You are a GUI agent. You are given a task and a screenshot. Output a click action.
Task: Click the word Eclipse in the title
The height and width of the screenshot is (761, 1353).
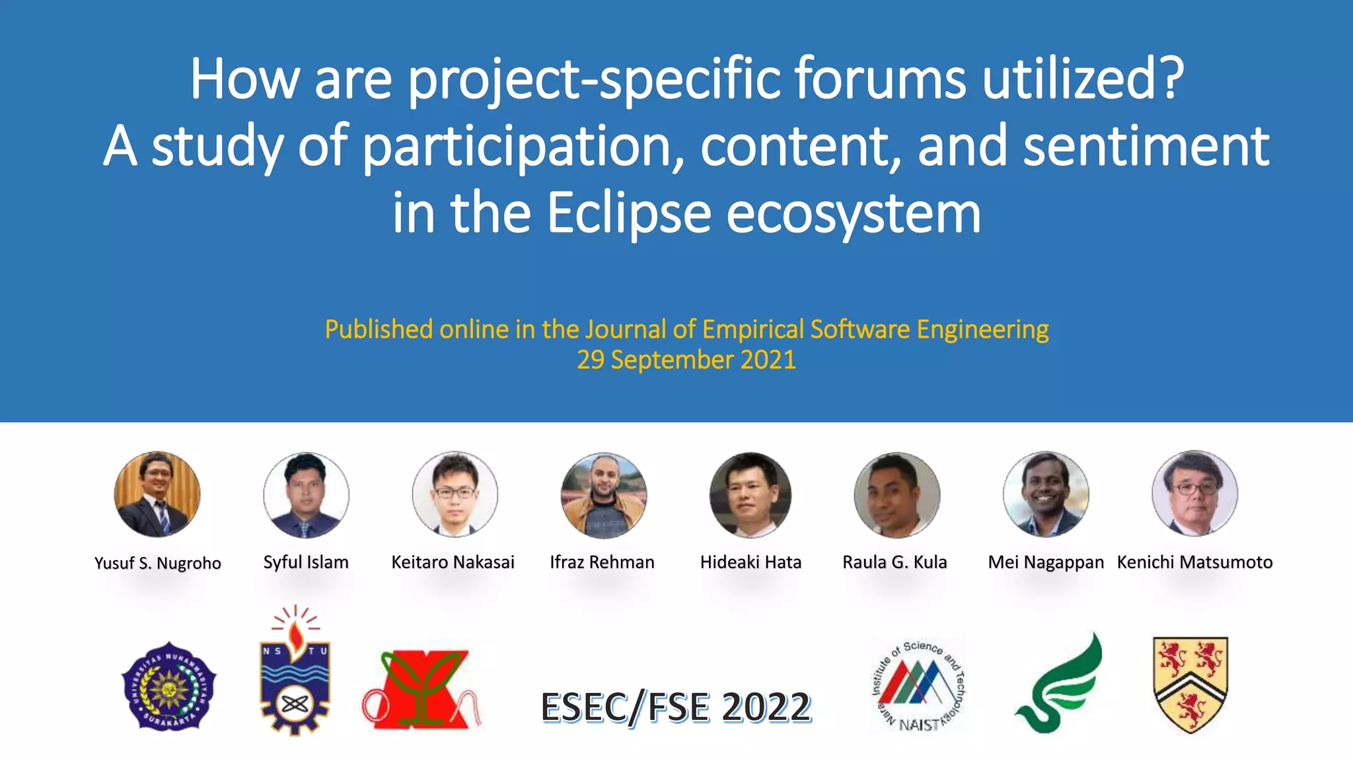pos(628,213)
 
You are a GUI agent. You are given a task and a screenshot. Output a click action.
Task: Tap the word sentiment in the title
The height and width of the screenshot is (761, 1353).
pos(1146,146)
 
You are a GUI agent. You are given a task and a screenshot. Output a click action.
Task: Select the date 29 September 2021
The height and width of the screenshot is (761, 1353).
pos(686,360)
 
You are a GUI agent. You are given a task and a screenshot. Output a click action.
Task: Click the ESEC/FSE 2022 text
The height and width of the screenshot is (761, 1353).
pos(675,707)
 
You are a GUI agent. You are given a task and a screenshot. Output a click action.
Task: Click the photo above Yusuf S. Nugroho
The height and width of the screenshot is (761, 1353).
pos(157,494)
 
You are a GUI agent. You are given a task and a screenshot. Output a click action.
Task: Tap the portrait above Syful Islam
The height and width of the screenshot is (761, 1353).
pos(306,495)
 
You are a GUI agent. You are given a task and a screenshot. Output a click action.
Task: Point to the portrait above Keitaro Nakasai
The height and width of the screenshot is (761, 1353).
pos(455,494)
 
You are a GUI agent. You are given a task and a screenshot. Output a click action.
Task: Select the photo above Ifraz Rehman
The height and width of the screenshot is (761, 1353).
pos(603,495)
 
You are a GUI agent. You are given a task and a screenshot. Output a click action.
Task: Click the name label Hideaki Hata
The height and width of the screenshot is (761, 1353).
pos(750,562)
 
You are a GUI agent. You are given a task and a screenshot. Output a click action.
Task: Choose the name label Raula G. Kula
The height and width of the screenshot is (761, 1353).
pos(895,562)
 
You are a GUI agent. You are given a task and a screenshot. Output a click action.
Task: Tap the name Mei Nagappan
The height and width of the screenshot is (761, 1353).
pos(1045,562)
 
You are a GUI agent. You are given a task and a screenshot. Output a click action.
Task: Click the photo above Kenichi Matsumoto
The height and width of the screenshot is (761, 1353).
pos(1194,493)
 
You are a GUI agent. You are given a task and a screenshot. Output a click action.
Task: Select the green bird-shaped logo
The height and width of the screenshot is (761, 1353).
pos(1060,684)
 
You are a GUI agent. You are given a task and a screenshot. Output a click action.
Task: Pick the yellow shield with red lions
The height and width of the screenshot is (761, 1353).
pos(1190,684)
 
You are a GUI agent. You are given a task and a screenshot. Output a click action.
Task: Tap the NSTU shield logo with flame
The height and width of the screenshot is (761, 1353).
pos(295,670)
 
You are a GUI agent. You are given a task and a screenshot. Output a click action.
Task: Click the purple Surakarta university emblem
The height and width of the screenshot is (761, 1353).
pos(169,686)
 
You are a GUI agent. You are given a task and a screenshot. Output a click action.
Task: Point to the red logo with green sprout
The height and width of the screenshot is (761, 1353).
pos(421,689)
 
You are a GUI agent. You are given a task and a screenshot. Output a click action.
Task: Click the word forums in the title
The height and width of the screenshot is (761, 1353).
pos(880,79)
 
